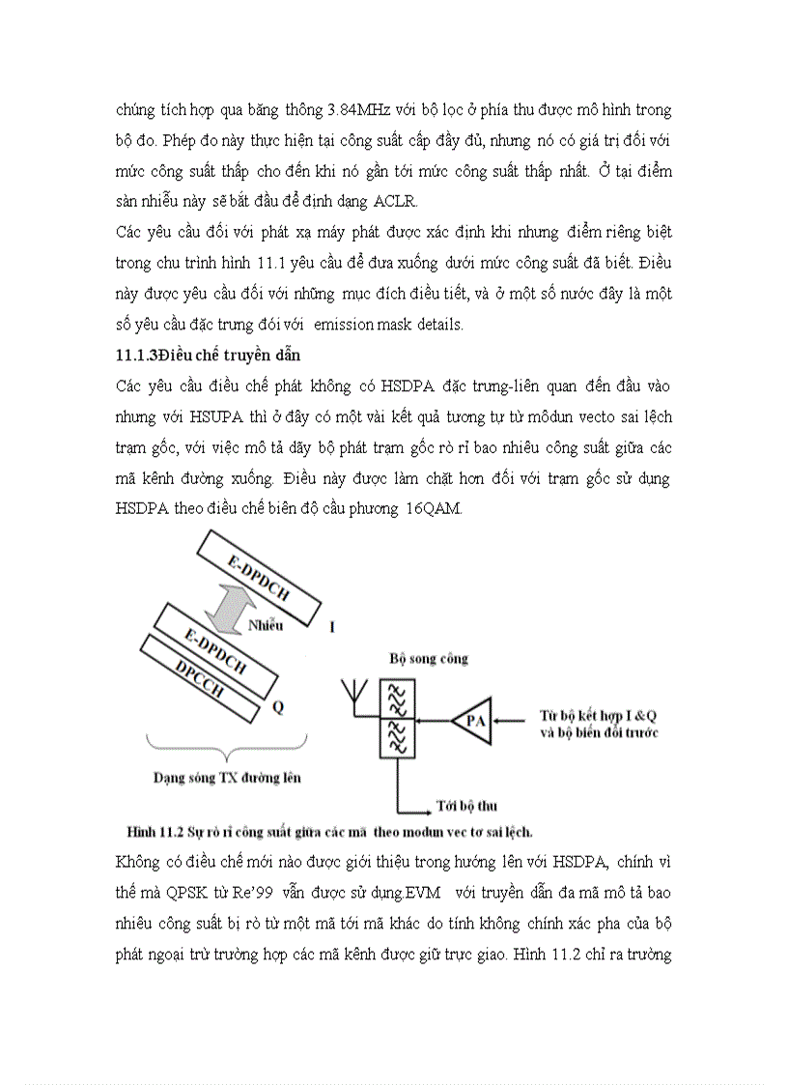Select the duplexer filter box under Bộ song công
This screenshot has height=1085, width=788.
(395, 720)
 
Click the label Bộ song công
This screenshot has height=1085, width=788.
(429, 658)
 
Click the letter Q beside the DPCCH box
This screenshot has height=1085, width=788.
(278, 707)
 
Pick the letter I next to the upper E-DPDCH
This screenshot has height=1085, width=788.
(332, 627)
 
